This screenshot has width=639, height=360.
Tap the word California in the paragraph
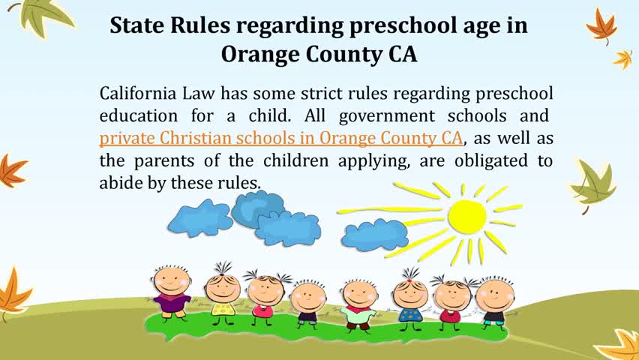[x=138, y=93]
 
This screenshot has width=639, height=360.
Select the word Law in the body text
[x=199, y=93]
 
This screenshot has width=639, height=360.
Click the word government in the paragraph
[x=387, y=116]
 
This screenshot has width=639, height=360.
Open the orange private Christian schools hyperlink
[x=281, y=138]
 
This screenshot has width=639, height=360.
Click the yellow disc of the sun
[x=467, y=217]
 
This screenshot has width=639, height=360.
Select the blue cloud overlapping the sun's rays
[x=374, y=235]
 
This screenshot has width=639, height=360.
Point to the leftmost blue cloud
[x=200, y=218]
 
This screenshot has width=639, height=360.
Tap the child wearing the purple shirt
[x=172, y=292]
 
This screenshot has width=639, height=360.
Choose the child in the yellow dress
[x=223, y=294]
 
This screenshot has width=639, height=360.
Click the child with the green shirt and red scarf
[x=359, y=304]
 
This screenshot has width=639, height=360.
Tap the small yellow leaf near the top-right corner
[x=622, y=59]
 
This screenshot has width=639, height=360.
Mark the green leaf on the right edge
[x=593, y=185]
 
